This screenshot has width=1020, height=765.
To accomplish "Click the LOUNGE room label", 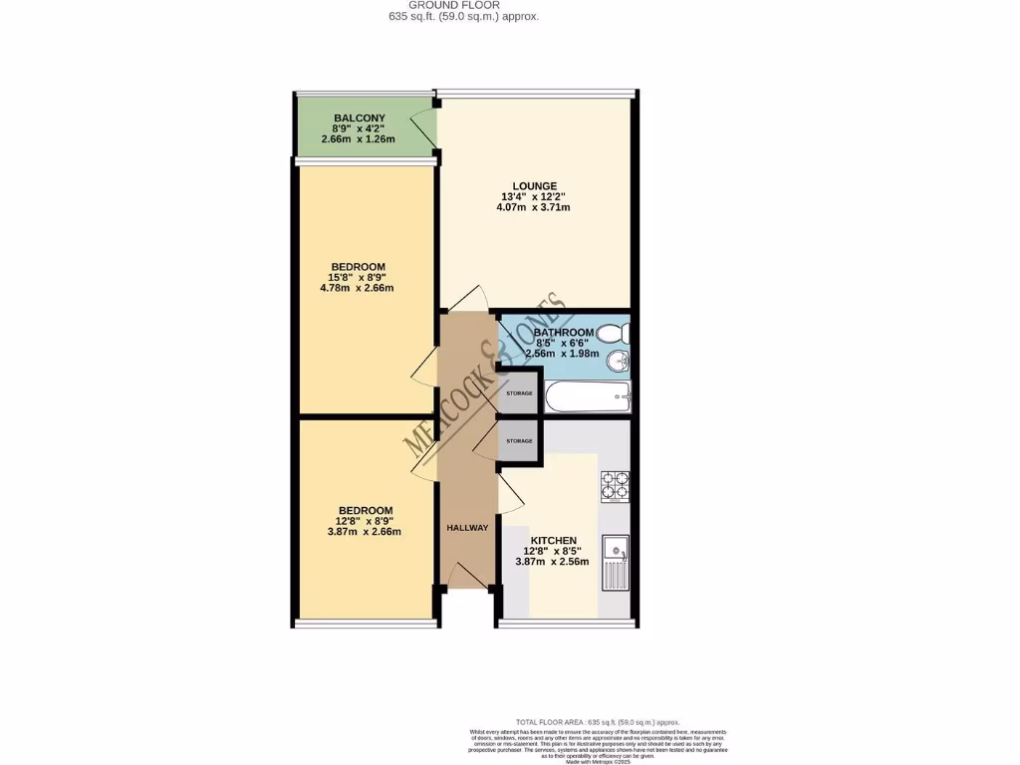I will [x=535, y=185].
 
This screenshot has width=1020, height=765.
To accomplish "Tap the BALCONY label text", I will [x=359, y=118].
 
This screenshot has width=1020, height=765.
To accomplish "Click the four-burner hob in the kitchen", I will [x=615, y=485].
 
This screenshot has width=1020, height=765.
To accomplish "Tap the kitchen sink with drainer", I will [x=615, y=563].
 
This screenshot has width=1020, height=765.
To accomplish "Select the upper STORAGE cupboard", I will [x=518, y=392].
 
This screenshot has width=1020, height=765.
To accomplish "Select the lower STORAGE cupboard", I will [x=518, y=440].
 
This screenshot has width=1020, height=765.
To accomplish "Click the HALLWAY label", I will [x=467, y=527].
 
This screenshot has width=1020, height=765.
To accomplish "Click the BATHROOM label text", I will [x=564, y=332].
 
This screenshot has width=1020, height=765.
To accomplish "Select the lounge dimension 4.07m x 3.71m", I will [x=535, y=207].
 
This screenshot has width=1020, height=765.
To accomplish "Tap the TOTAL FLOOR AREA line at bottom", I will [x=598, y=721].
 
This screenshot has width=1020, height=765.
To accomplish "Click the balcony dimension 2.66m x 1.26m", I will [x=359, y=139].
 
